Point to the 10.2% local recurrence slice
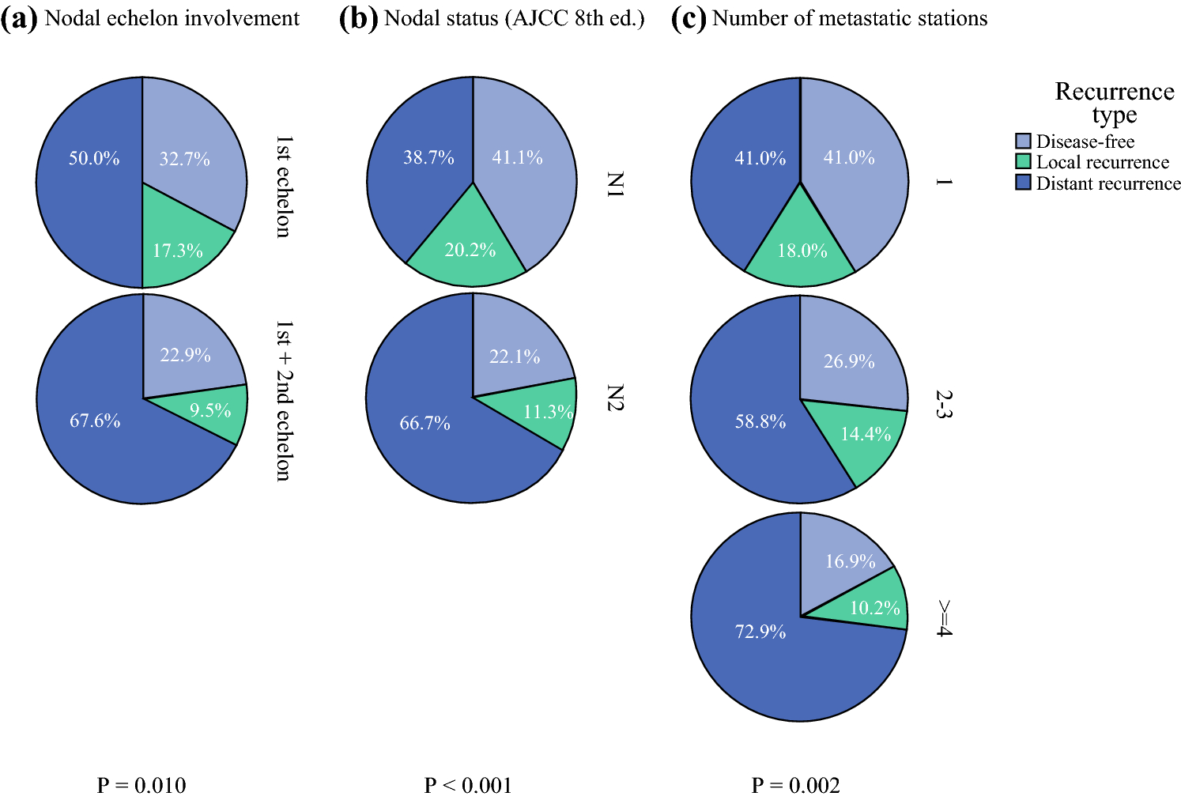click(870, 605)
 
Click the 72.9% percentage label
click(760, 632)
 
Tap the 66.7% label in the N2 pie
click(424, 424)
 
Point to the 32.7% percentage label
click(184, 159)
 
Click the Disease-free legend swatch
click(1023, 142)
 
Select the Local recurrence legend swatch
click(1023, 162)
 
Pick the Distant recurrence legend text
click(1108, 183)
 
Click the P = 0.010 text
click(141, 785)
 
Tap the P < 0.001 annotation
click(468, 785)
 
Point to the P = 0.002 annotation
click(795, 785)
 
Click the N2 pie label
click(615, 397)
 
